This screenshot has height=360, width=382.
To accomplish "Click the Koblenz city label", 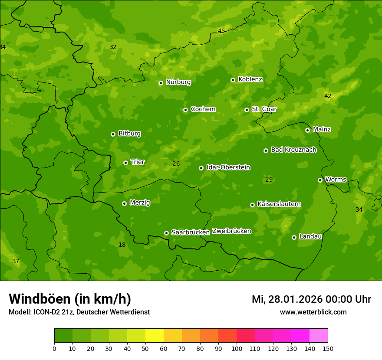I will (x=250, y=79).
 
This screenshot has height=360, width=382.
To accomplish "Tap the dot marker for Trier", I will (x=126, y=163).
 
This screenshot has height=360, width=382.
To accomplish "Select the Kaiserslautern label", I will (x=279, y=204).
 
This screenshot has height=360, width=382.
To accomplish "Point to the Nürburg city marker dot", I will (x=161, y=83).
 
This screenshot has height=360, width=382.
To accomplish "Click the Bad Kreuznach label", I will (x=293, y=150).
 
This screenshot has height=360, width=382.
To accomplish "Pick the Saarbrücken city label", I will (x=191, y=232).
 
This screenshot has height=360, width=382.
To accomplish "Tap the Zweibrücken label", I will (x=232, y=231).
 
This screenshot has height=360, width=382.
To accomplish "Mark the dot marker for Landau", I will (x=294, y=237).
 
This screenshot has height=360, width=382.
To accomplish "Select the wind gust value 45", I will (x=221, y=31).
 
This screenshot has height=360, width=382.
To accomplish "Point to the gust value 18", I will (x=122, y=245).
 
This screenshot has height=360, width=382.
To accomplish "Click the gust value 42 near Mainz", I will (x=328, y=96).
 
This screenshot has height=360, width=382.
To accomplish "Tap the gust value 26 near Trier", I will (x=176, y=164).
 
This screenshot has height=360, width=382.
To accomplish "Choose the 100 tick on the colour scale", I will (x=237, y=348).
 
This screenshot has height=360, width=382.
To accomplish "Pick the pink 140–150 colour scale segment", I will (x=319, y=336).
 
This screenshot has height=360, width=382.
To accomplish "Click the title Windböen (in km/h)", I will (x=70, y=299).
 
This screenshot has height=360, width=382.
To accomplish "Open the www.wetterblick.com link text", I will (x=313, y=312).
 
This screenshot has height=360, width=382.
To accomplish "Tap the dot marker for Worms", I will (x=320, y=180).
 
